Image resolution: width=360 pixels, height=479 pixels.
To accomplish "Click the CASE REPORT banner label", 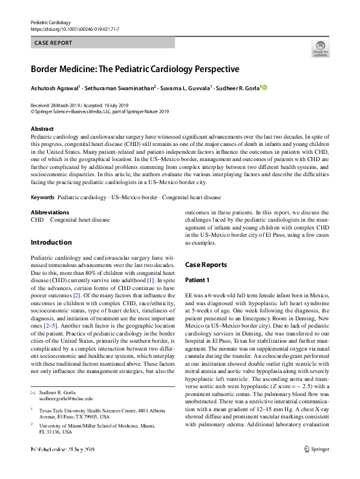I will coord(53,43).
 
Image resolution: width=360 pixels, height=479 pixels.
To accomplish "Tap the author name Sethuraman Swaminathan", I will coord(123,88).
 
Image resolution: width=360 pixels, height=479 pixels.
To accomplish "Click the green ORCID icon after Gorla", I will coord(264,88).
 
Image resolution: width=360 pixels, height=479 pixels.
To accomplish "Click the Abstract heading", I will coord(42,129).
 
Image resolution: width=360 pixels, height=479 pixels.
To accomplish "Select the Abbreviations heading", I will coord(50,213).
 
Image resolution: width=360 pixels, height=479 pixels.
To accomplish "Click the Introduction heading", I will coord(51,242).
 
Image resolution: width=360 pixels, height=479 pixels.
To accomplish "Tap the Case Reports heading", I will coord(206,265).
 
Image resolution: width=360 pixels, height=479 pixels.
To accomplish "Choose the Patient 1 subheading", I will coord(197,280).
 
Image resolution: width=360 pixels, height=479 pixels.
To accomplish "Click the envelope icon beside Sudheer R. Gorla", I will coord(33,375).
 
